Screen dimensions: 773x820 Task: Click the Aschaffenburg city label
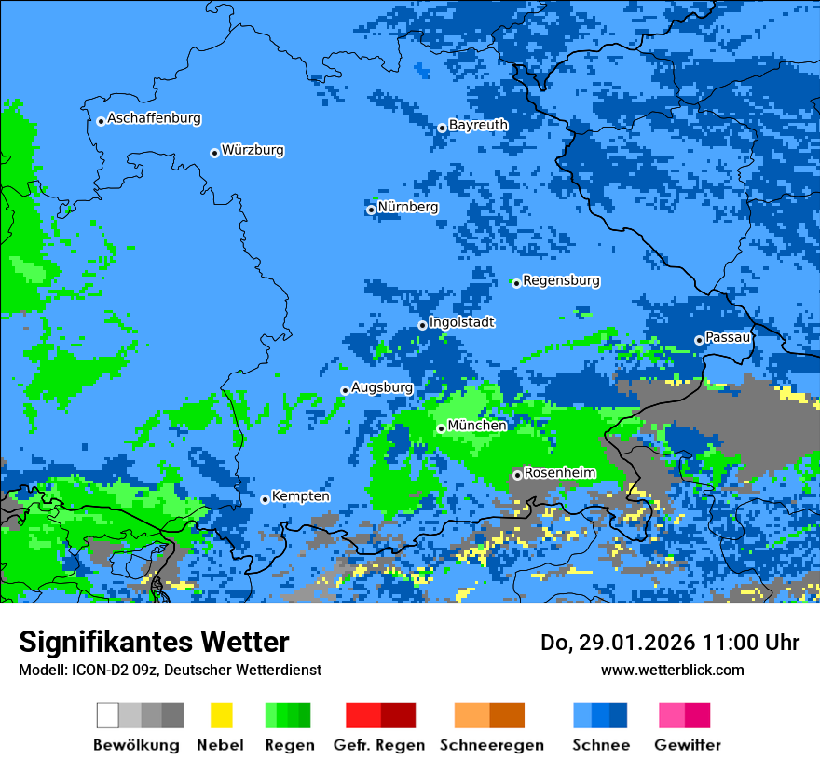point(154,118)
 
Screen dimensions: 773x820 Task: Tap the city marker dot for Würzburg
point(214,153)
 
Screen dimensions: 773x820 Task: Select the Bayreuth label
point(478,125)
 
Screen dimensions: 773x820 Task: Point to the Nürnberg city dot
point(371,210)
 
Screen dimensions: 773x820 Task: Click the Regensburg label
point(561,280)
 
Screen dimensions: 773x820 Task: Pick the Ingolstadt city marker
point(422,326)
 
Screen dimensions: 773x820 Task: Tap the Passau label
point(728,337)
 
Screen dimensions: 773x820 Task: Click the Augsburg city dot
point(345,390)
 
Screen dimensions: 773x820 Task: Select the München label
point(477,426)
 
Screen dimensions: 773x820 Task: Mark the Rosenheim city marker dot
point(517,476)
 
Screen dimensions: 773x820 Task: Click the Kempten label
point(300,496)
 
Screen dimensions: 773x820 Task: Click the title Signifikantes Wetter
point(154,642)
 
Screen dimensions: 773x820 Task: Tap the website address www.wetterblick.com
point(673,670)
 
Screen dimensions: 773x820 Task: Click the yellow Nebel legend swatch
point(221,715)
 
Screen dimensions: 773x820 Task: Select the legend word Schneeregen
point(492,745)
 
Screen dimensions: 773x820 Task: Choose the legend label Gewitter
point(688,745)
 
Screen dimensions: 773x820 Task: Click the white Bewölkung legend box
point(107,715)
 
